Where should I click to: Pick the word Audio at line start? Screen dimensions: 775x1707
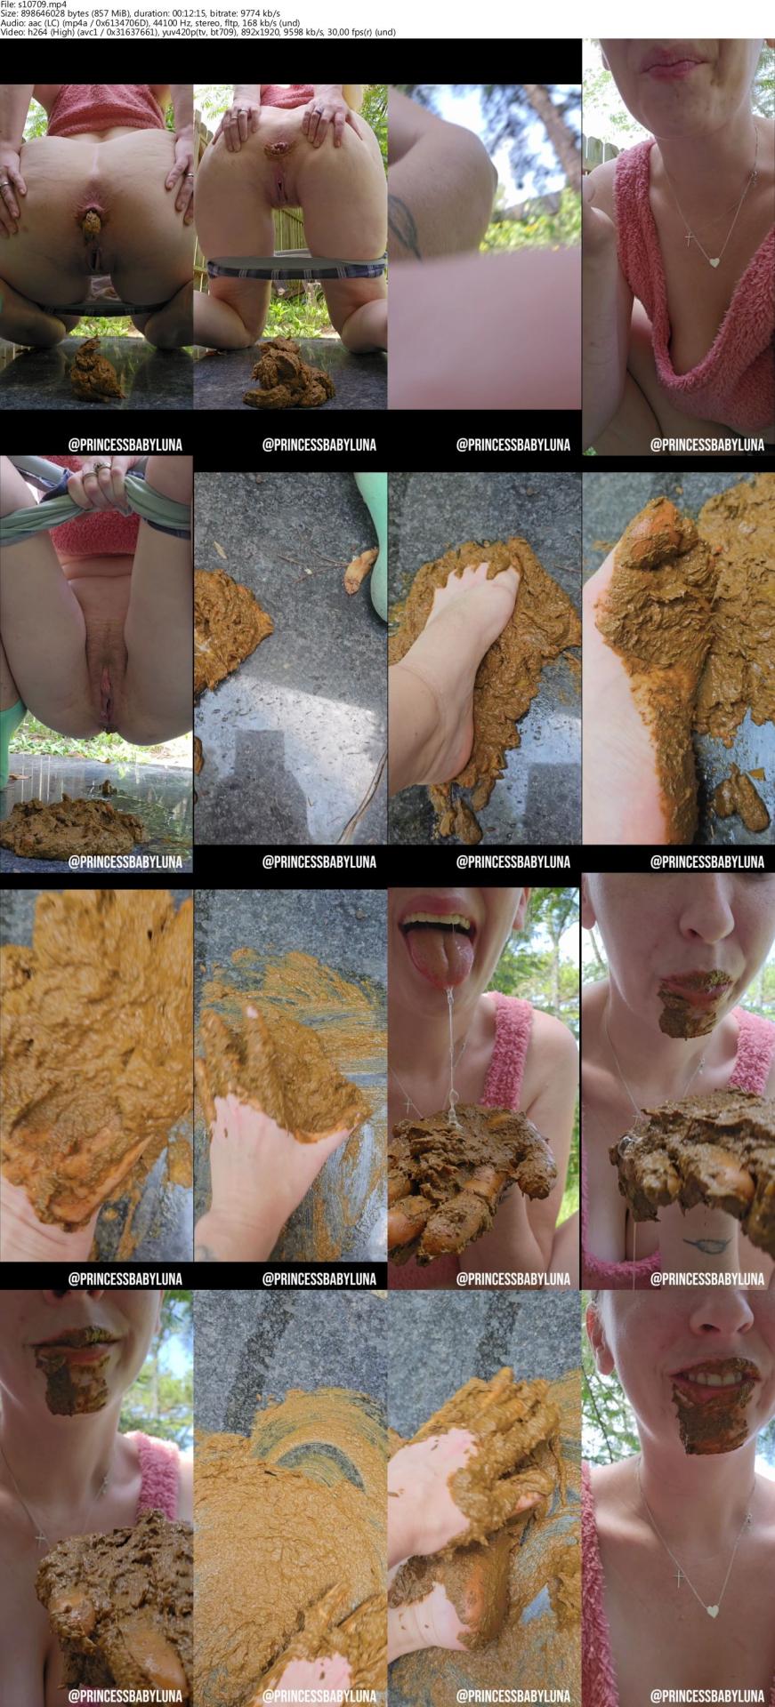coord(12,23)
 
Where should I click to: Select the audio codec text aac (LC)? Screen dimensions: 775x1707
coord(43,23)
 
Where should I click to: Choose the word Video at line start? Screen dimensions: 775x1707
coord(13,32)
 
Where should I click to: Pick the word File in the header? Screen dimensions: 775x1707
coord(8,4)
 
